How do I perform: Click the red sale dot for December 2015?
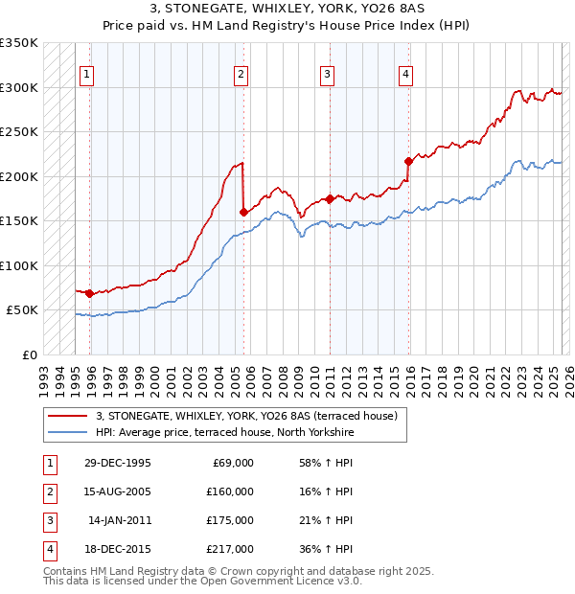pyautogui.click(x=408, y=161)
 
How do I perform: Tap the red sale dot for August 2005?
pyautogui.click(x=243, y=212)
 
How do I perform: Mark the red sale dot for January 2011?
pyautogui.click(x=330, y=198)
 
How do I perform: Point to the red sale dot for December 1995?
pyautogui.click(x=89, y=293)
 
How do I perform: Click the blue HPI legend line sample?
pyautogui.click(x=68, y=433)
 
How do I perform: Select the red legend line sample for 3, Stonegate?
pyautogui.click(x=68, y=416)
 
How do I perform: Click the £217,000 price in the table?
pyautogui.click(x=231, y=549)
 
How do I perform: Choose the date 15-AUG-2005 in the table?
pyautogui.click(x=118, y=491)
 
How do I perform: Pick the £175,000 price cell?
pyautogui.click(x=231, y=520)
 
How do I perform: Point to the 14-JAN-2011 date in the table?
pyautogui.click(x=119, y=520)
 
